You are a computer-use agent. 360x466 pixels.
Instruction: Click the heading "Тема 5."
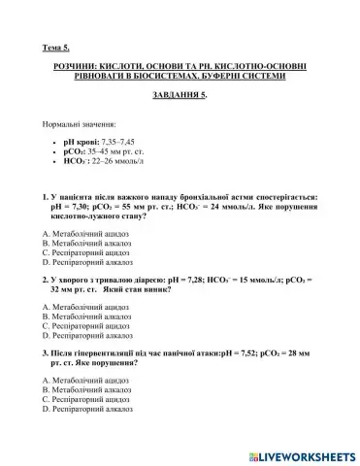point(57,46)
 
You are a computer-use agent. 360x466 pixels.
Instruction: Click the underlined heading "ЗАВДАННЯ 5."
point(180,96)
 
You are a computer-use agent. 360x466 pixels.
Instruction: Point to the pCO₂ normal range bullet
point(108,152)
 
